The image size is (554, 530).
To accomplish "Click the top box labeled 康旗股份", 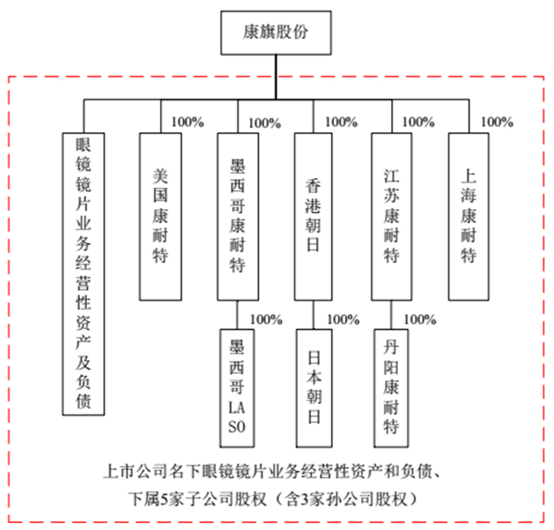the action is point(276,32).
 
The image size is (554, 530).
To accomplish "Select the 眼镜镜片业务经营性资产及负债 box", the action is point(83,274).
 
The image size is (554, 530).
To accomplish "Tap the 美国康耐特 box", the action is point(161,217).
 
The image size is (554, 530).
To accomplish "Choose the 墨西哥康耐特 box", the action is point(237,217).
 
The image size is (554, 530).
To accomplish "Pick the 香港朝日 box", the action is point(313,217).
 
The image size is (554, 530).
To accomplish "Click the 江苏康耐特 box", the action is point(392,217).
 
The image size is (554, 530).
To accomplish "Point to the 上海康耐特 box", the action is point(469,217).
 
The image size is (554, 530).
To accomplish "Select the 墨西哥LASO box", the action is point(237,388).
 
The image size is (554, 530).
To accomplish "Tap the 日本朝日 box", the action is point(313,388).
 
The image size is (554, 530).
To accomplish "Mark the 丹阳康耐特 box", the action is point(391,388).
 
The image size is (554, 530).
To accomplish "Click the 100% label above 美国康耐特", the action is point(188,122).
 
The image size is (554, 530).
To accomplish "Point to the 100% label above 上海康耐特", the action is point(497,122).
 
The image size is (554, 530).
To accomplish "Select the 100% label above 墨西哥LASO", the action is point(266,320).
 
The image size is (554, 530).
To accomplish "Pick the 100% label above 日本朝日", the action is point(343,320).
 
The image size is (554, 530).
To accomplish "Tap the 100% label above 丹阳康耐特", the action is point(420,320).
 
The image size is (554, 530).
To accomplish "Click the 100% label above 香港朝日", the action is point(341,122).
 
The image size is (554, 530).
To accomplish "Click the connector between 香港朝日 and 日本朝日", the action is point(313,315).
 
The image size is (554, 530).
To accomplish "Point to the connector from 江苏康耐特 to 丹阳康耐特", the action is point(391,315).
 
